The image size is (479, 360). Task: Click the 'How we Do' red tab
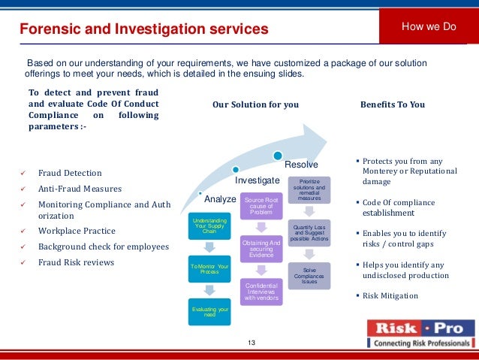pos(429,27)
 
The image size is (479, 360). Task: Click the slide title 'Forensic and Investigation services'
pos(143,29)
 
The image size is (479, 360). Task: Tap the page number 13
pos(251,343)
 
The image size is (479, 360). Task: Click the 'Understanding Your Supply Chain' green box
pos(209,225)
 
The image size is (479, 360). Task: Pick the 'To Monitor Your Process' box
pos(209,269)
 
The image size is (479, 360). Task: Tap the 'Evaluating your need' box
pos(209,312)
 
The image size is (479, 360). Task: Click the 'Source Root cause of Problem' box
pos(261,205)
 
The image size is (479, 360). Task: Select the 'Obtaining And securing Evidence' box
pos(261,248)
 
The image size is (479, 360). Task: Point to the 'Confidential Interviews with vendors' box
pos(261,292)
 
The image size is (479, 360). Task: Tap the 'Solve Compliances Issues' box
pos(309,275)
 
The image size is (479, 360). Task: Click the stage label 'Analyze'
pos(220,199)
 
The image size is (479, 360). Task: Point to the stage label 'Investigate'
pos(258,181)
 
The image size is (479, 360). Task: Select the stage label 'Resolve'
pos(301,165)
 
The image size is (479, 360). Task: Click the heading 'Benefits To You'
pos(393,104)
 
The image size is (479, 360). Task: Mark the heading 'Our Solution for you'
pos(255,104)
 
